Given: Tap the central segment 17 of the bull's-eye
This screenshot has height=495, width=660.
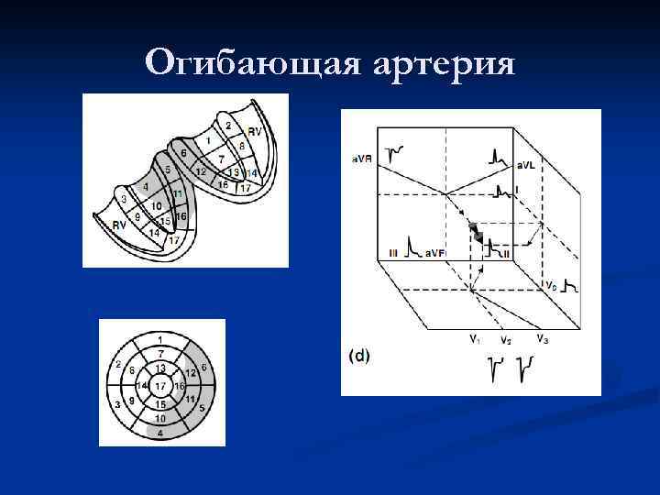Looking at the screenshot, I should click(x=160, y=386).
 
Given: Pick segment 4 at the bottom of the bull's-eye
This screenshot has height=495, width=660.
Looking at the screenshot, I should click(x=160, y=433).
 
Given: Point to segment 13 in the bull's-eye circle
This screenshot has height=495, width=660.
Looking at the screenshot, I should click(x=160, y=368).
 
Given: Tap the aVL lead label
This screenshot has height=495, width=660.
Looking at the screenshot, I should click(x=525, y=166).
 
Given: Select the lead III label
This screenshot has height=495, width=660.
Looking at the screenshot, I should click(x=392, y=251).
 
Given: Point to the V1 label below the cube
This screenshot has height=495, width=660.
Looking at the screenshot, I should click(x=473, y=338).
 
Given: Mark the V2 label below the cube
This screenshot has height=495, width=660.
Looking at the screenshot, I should click(x=505, y=340).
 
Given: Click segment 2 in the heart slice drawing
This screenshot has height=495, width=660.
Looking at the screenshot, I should click(x=228, y=126).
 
